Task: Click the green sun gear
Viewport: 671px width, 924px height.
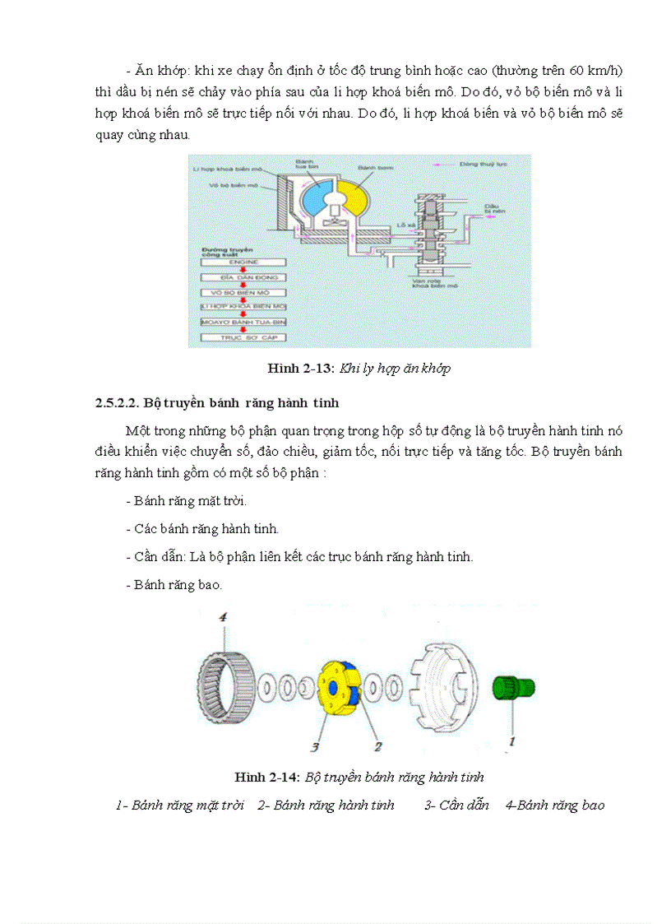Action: [x=512, y=688]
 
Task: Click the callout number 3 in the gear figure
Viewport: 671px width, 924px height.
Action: [x=315, y=747]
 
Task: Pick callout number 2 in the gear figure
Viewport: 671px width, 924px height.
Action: [x=378, y=746]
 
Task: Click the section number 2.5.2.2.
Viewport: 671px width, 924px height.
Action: [x=117, y=403]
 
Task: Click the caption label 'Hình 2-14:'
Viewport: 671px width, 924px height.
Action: [x=267, y=777]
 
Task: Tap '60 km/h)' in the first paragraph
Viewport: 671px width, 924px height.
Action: [x=597, y=71]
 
